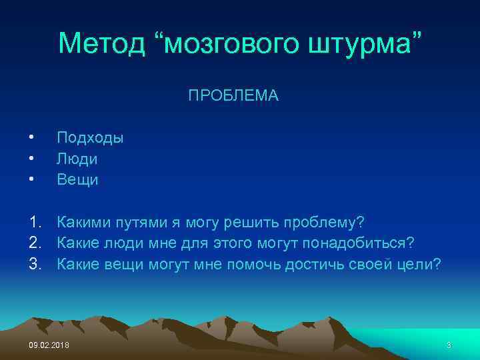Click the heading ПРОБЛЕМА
point(233,97)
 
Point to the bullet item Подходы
point(90,138)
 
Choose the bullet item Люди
point(77,159)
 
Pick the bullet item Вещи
point(78,179)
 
